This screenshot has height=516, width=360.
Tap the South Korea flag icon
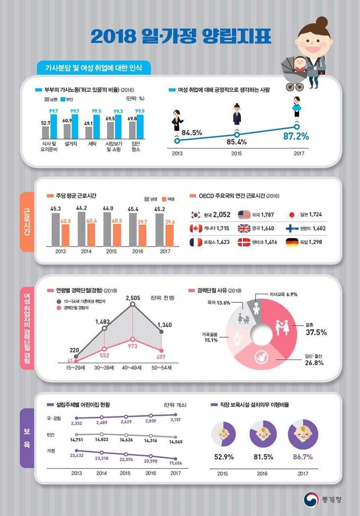(196, 215)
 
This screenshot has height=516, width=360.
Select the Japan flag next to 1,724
(292, 215)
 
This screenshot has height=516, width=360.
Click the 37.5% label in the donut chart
(315, 333)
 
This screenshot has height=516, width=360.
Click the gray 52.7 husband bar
(46, 132)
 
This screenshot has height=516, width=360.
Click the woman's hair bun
(321, 22)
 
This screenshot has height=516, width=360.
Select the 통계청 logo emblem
(311, 498)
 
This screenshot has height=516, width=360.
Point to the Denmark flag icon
(244, 242)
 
